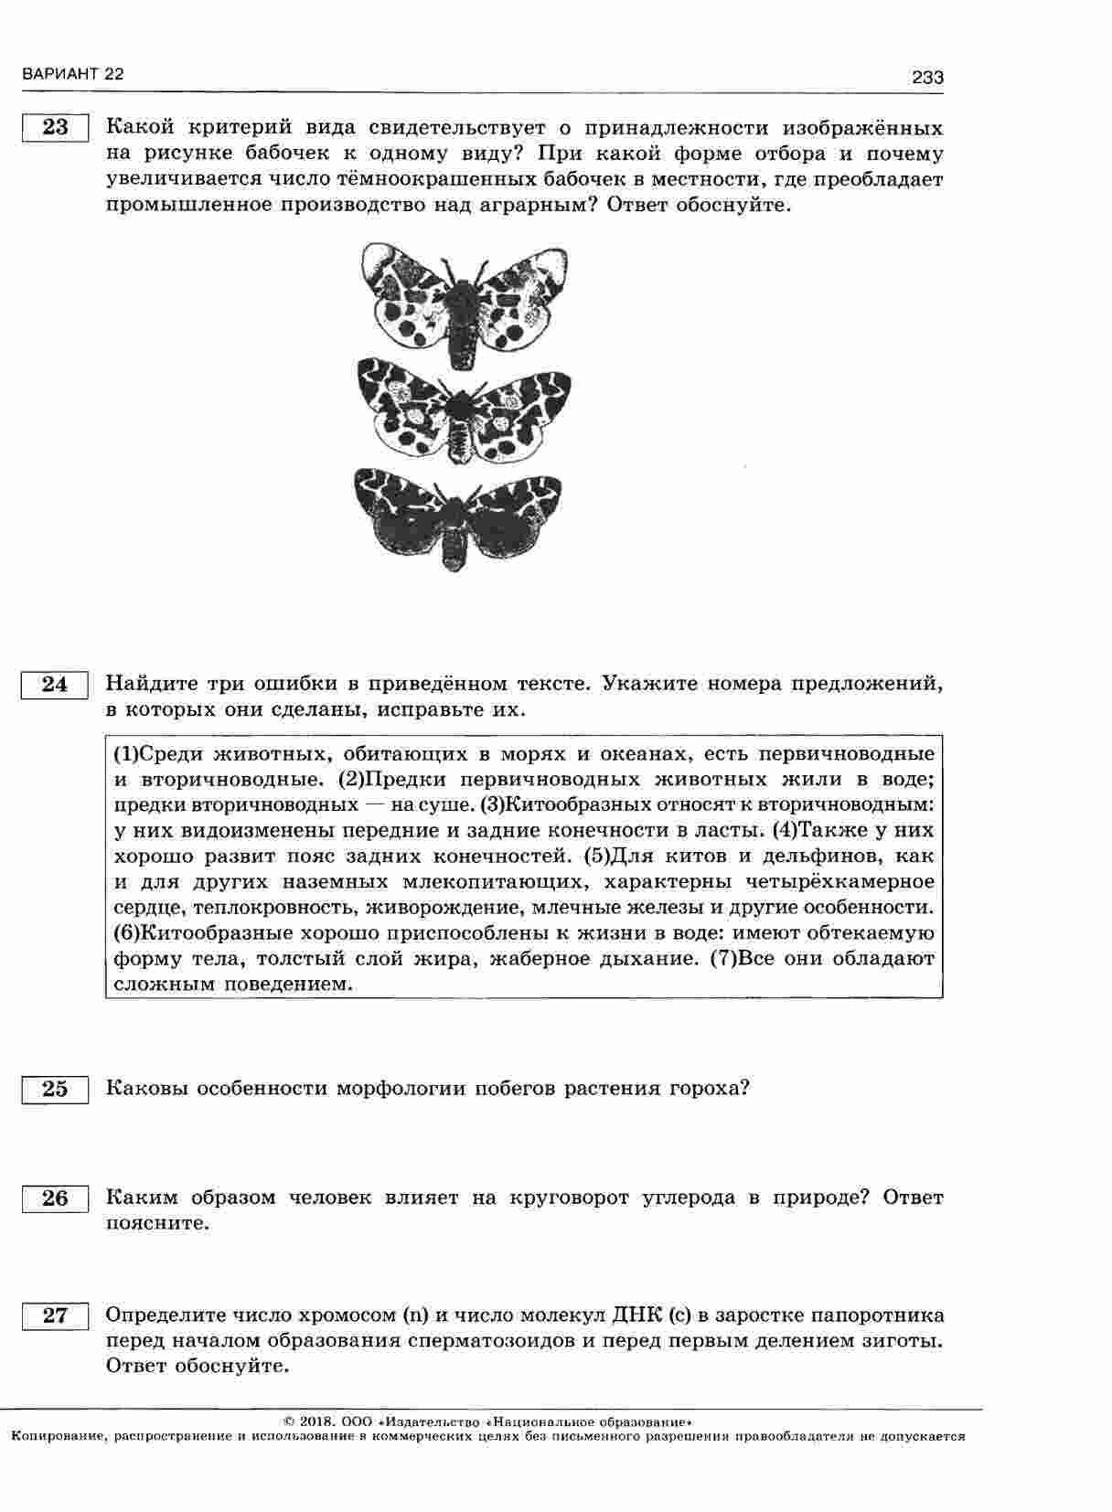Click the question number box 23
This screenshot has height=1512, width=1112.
click(55, 127)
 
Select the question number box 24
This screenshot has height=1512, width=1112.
click(55, 684)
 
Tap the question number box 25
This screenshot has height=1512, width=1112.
click(55, 1089)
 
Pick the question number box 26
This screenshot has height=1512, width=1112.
click(55, 1198)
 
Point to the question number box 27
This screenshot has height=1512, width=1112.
click(55, 1315)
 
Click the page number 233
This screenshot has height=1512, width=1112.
click(927, 78)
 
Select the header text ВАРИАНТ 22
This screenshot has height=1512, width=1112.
click(71, 75)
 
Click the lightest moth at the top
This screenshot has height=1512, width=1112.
click(464, 301)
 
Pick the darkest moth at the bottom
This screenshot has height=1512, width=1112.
click(457, 515)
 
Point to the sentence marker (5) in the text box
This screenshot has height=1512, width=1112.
click(595, 857)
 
